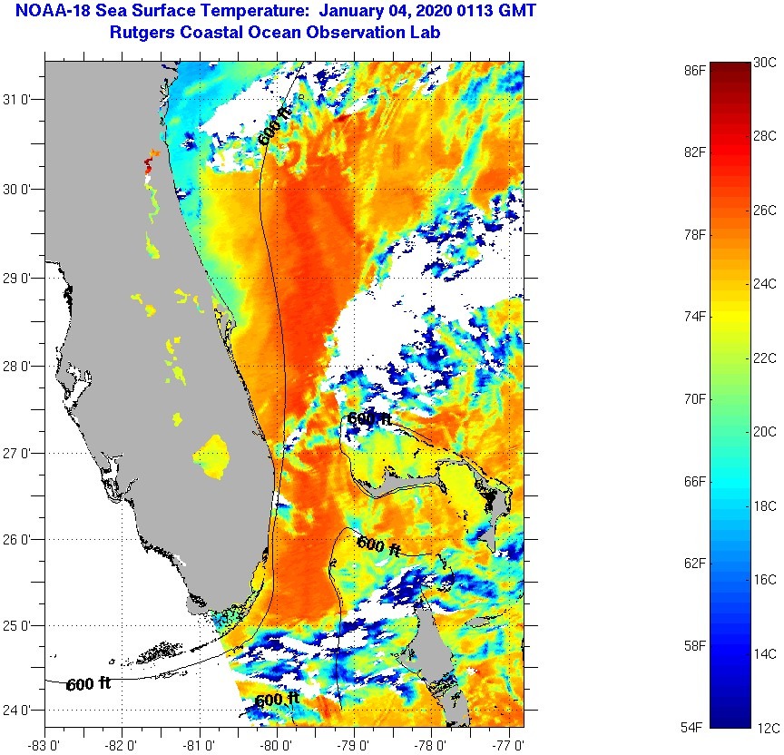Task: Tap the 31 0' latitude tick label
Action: tap(19, 99)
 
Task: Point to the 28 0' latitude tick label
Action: tap(19, 367)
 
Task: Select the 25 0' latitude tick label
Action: tap(19, 625)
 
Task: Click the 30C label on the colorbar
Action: tap(765, 62)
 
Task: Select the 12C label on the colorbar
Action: tap(765, 727)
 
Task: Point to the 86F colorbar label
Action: tap(695, 69)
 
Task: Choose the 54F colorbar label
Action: tap(695, 727)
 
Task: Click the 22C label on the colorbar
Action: tap(765, 358)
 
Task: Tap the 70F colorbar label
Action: tap(695, 398)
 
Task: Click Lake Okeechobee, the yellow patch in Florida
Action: tap(215, 456)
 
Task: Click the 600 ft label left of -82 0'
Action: tap(88, 683)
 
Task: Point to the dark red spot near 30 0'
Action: tap(148, 166)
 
